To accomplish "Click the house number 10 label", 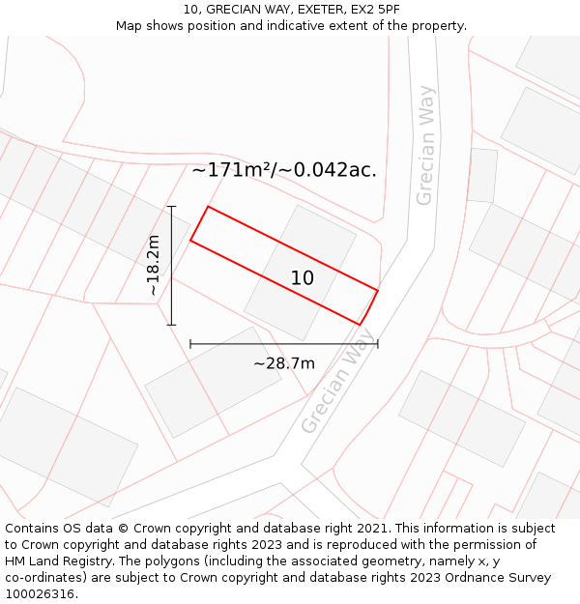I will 303,278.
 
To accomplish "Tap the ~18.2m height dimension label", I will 154,265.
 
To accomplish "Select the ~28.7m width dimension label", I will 284,363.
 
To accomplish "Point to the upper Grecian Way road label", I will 425,146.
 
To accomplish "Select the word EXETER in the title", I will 299,10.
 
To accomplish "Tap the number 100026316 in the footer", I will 37,593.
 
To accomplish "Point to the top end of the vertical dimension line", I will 171,206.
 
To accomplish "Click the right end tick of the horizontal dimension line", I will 377,343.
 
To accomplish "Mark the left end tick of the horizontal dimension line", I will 190,343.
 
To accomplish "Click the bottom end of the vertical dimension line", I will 171,325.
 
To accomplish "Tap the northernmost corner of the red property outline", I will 208,206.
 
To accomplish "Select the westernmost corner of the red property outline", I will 190,240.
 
